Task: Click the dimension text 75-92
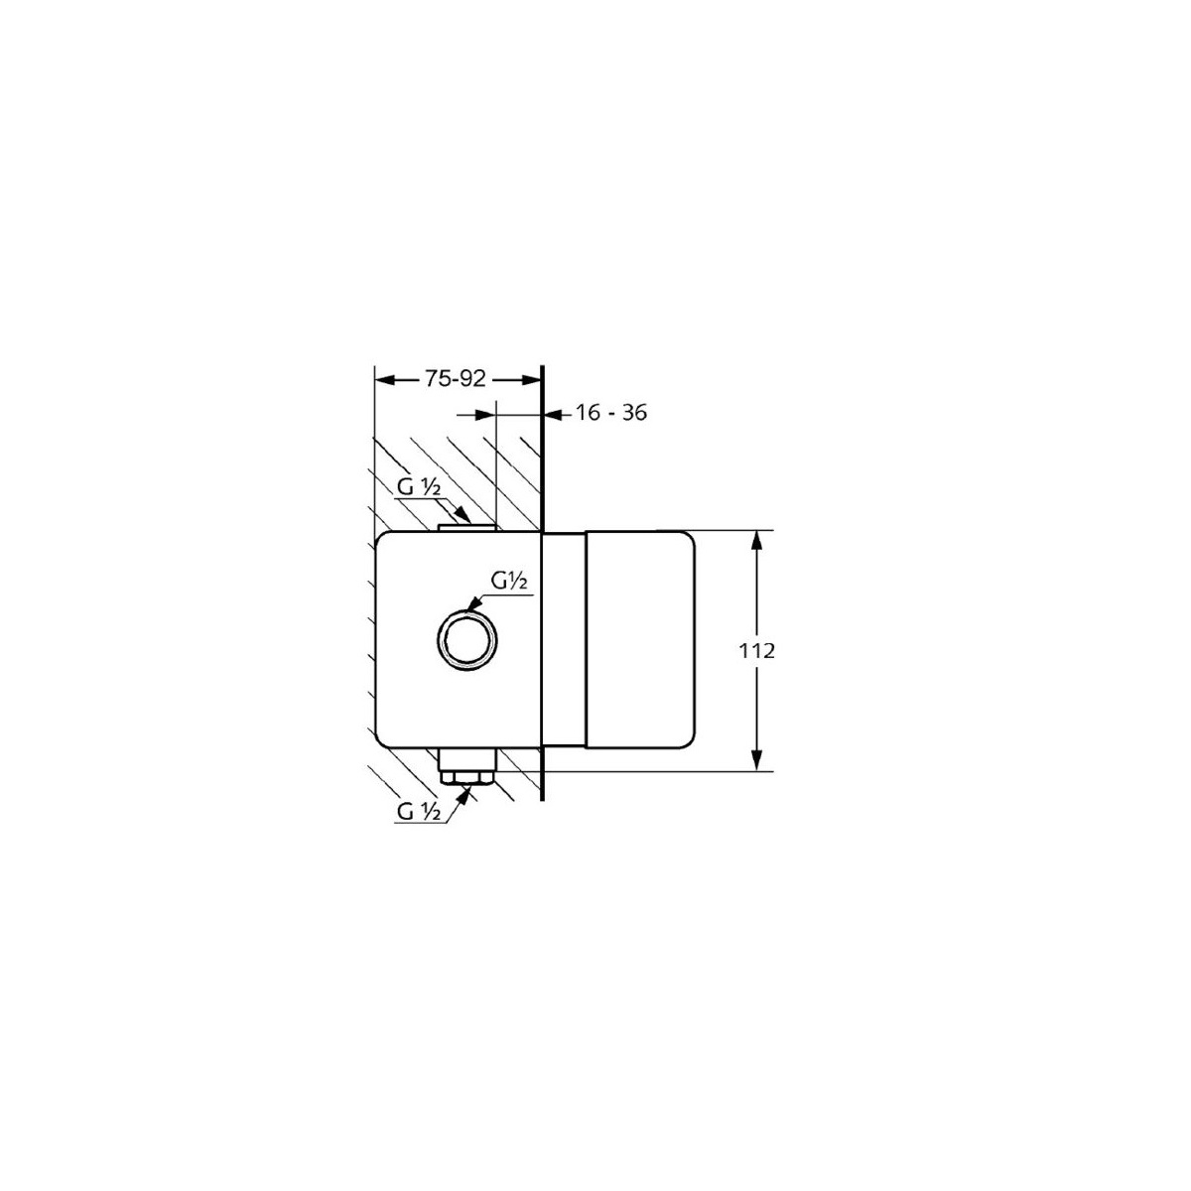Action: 455,378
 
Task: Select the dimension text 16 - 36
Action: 611,412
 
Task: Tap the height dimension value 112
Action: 756,651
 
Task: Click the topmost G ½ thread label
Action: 419,487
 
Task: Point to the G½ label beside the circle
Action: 509,581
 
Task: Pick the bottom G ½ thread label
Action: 419,812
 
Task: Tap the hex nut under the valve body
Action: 465,777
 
